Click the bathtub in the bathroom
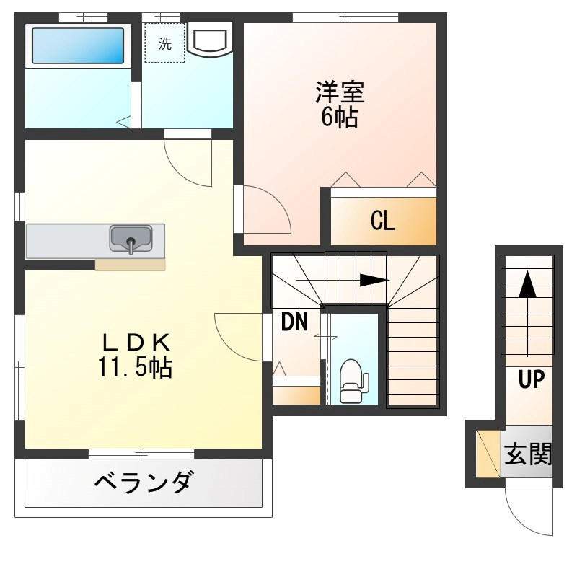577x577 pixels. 78,45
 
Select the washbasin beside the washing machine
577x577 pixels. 210,40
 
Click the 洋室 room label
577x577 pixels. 339,93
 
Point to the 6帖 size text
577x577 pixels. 339,117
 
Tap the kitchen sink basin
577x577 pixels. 131,238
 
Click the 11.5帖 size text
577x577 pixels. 135,368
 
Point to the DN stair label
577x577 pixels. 294,322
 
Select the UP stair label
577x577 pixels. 531,379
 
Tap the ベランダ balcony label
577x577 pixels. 144,480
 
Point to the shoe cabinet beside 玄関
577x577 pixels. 489,454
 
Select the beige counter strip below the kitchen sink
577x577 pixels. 130,264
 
